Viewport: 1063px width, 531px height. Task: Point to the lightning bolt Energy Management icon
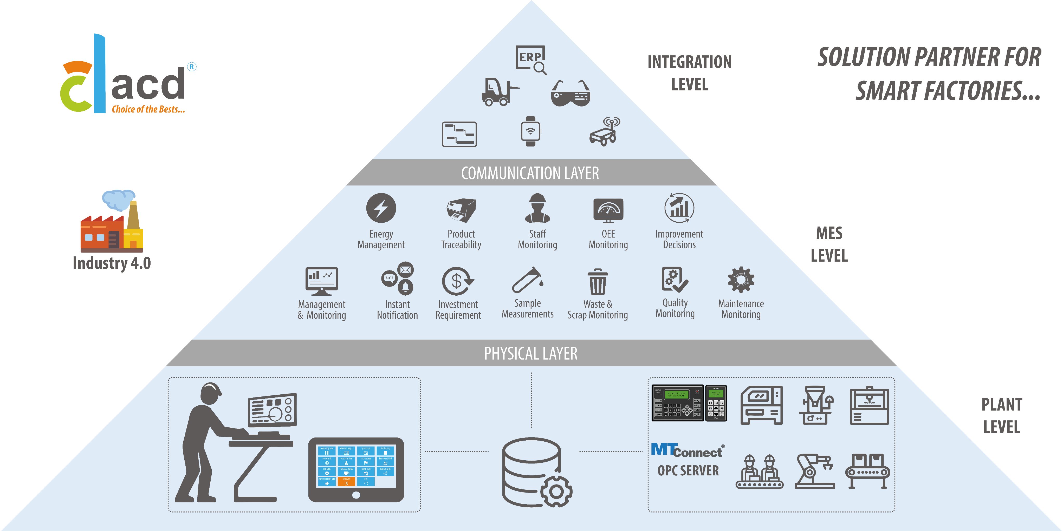point(381,208)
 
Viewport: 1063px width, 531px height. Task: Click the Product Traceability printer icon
point(461,210)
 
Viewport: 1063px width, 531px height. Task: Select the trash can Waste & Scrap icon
point(598,282)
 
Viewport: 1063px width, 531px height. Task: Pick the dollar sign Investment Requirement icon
point(457,281)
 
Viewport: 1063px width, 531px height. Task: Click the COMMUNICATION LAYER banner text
point(530,173)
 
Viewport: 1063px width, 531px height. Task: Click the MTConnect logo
point(687,450)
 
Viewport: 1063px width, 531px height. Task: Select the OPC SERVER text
point(688,471)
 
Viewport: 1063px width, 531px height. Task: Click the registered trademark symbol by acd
point(191,67)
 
